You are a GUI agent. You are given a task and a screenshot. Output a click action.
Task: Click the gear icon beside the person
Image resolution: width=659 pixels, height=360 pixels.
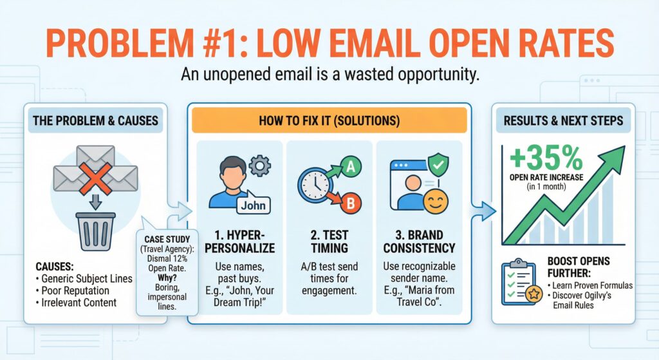click(259, 166)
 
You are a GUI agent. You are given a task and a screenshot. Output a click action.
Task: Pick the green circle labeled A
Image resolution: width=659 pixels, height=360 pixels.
click(351, 167)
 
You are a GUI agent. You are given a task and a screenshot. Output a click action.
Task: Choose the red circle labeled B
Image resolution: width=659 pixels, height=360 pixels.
click(351, 204)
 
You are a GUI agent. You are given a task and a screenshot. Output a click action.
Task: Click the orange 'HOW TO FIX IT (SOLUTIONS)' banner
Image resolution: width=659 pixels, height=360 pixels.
click(328, 120)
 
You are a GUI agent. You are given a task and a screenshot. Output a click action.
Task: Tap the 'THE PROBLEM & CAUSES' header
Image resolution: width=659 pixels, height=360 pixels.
click(95, 120)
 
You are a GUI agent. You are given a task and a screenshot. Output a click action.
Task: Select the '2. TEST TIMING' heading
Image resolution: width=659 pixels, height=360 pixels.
click(328, 241)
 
